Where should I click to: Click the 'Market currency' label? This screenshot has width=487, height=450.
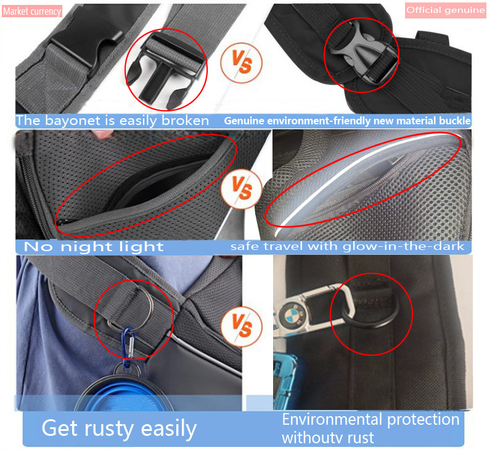32,12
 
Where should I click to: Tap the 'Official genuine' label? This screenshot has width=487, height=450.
445,10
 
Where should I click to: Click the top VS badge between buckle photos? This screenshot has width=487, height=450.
241,62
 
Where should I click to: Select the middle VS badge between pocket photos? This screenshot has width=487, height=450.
241,188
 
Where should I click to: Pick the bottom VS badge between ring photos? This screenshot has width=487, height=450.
241,326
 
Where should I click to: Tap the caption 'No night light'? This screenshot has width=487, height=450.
94,247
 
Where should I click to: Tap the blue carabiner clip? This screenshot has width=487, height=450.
129,347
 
